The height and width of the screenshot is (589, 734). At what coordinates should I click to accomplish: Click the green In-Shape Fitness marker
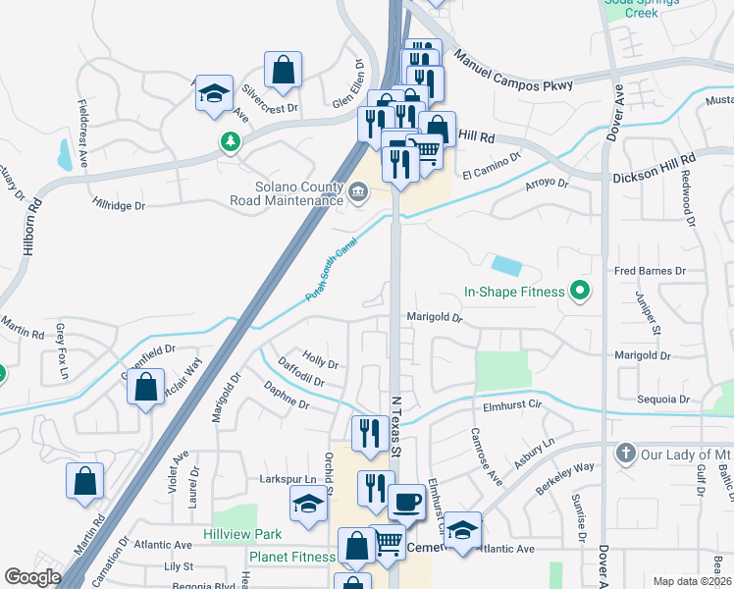[579, 291]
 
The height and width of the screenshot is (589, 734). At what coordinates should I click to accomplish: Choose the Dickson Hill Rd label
[654, 168]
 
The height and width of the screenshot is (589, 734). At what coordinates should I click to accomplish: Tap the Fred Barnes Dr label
[649, 270]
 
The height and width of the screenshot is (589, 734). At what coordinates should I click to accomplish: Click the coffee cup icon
[406, 502]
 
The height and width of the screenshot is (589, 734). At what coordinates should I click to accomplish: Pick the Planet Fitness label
[291, 557]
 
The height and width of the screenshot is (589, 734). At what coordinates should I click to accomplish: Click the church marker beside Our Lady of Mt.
[624, 454]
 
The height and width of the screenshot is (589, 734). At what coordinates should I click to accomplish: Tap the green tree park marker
[230, 142]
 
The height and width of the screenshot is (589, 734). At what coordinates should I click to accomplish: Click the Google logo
[32, 576]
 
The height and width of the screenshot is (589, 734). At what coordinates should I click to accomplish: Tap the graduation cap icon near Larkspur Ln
[308, 505]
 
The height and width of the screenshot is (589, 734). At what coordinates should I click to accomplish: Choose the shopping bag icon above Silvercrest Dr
[283, 70]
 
